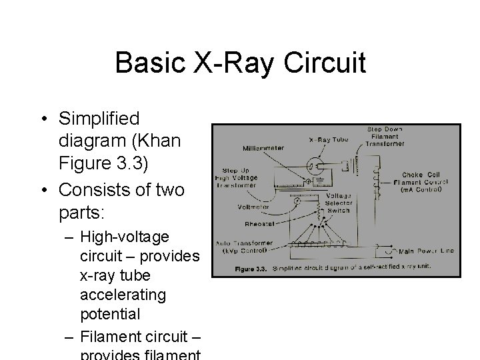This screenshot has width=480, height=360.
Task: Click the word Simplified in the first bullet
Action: (x=99, y=119)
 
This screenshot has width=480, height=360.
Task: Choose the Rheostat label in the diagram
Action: (x=259, y=224)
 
